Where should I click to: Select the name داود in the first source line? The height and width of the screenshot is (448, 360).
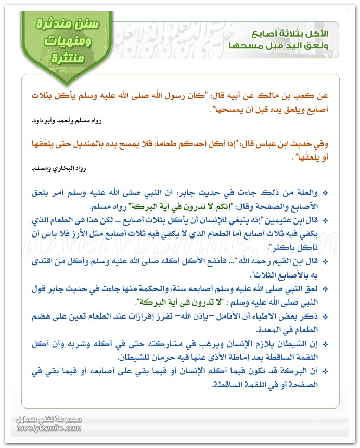coord(38,121)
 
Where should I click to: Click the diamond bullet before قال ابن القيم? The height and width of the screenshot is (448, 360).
coord(325,259)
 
